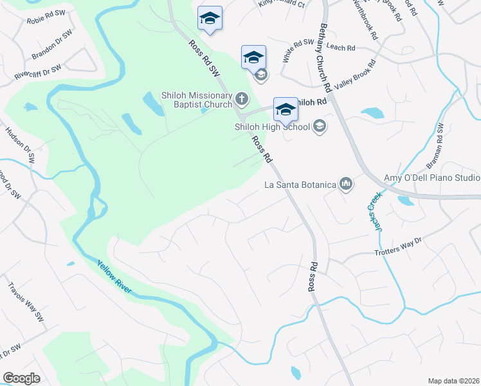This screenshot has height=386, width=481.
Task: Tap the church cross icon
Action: click(x=241, y=99)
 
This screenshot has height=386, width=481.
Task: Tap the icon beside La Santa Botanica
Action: click(x=347, y=185)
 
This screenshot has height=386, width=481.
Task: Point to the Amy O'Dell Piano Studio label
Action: click(x=431, y=178)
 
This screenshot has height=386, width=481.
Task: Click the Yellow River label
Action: click(x=114, y=277)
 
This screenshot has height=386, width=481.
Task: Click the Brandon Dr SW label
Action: click(x=48, y=51)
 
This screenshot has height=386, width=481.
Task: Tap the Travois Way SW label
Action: click(x=25, y=302)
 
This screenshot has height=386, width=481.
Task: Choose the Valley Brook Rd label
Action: click(x=353, y=75)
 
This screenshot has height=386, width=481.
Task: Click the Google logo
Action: click(x=21, y=378)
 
